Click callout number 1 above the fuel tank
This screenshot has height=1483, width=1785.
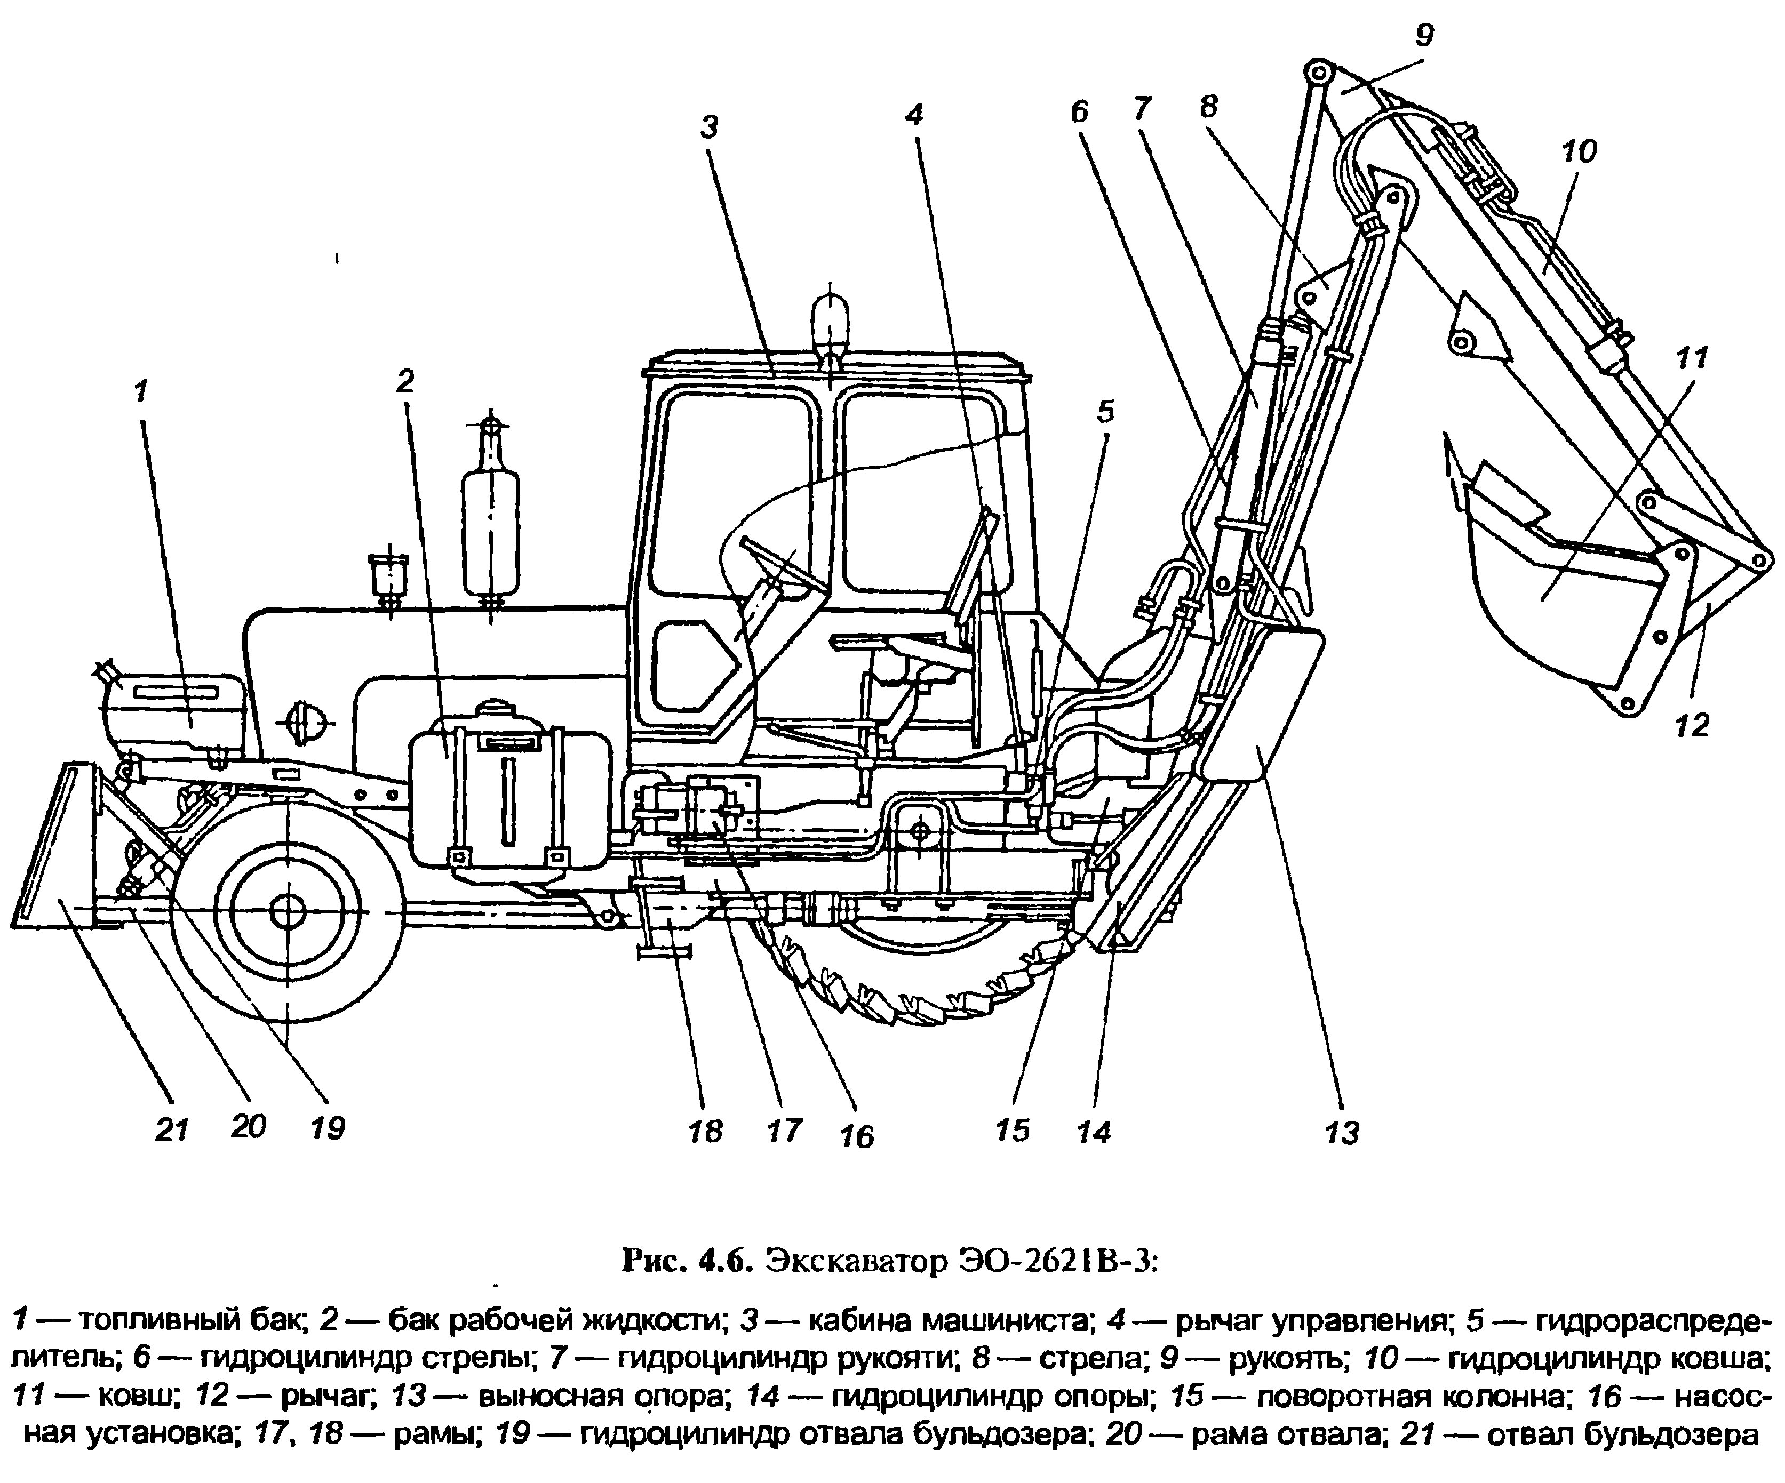[140, 391]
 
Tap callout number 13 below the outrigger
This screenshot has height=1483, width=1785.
[1341, 1132]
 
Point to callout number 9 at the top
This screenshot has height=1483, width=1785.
[1424, 36]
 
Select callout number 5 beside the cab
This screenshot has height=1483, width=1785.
[1104, 412]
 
